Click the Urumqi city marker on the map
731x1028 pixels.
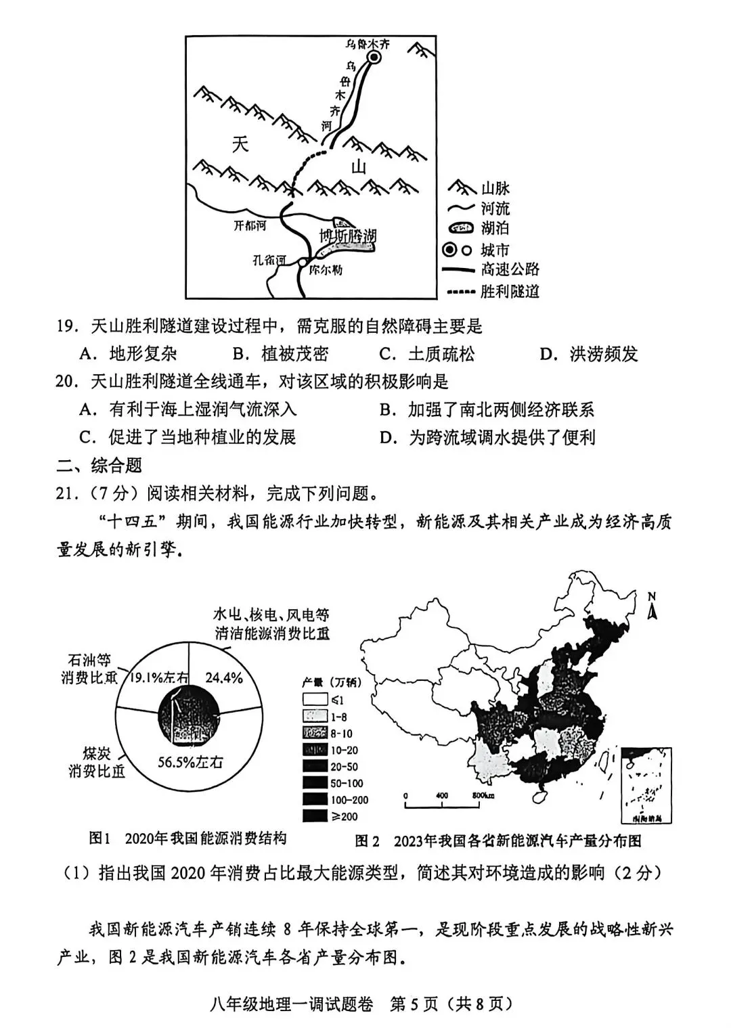coord(374,58)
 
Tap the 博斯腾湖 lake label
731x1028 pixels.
coord(347,236)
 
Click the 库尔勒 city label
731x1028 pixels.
coord(325,269)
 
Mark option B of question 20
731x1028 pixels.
coord(487,409)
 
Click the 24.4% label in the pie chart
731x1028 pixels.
coord(223,677)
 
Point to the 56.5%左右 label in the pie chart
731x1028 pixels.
coord(190,761)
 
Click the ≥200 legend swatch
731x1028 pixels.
coord(315,816)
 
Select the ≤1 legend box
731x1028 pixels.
coord(315,700)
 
